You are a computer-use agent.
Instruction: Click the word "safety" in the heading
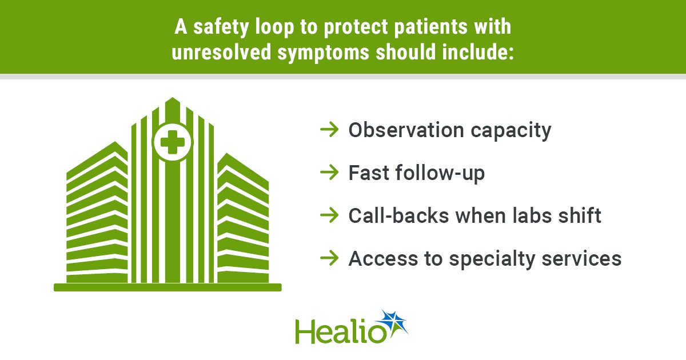click(x=221, y=27)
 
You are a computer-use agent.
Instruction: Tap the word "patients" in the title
click(x=430, y=27)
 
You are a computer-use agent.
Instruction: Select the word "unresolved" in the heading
click(x=221, y=52)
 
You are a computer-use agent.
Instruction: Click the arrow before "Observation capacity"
click(x=329, y=130)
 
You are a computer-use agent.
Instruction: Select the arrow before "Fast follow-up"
click(x=329, y=173)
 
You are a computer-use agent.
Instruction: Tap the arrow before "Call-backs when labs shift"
click(x=329, y=215)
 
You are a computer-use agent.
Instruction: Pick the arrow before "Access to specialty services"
click(x=329, y=258)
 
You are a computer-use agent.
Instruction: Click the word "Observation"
click(x=406, y=130)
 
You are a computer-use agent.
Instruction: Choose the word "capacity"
click(x=511, y=131)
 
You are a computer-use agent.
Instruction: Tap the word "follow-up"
click(x=440, y=174)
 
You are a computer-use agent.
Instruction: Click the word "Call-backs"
click(x=398, y=216)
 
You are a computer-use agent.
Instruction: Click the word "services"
click(x=581, y=259)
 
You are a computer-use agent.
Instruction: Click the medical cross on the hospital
click(x=173, y=142)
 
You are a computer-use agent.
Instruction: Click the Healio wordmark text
click(x=341, y=331)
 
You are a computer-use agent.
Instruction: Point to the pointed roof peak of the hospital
click(x=172, y=98)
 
